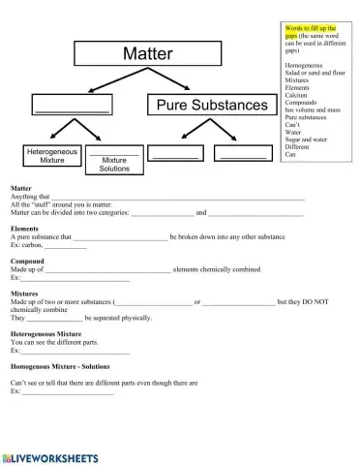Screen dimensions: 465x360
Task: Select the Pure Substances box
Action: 207,104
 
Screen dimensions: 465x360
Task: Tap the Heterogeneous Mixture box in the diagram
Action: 53,157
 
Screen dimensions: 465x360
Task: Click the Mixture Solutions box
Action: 114,161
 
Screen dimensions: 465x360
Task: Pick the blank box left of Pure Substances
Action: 72,105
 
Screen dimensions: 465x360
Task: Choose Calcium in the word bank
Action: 298,95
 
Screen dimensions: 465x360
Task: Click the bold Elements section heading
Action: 24,229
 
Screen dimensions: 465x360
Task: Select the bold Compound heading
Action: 27,262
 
